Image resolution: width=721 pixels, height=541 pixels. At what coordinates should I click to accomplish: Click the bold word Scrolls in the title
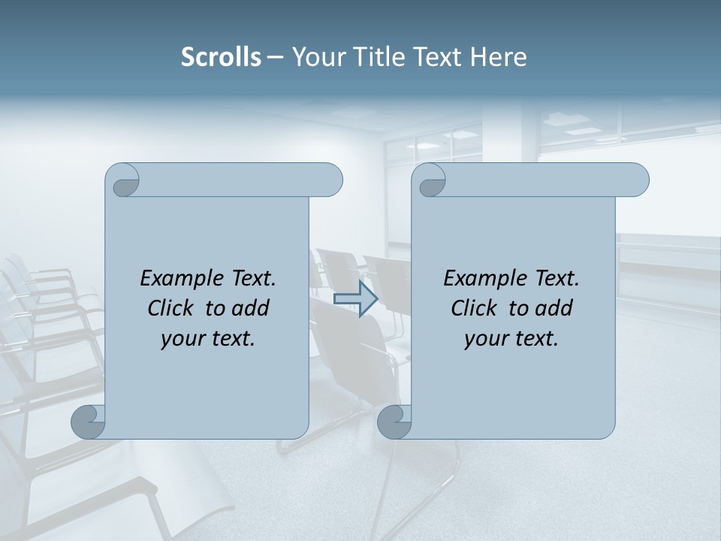pyautogui.click(x=222, y=57)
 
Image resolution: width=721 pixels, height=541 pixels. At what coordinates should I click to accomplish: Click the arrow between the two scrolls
pyautogui.click(x=356, y=298)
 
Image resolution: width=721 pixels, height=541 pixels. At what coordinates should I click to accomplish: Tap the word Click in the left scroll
pyautogui.click(x=172, y=308)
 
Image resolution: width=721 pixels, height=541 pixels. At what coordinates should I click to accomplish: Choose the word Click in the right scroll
pyautogui.click(x=475, y=308)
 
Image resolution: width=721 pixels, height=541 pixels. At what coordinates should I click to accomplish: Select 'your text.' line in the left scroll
pyautogui.click(x=208, y=339)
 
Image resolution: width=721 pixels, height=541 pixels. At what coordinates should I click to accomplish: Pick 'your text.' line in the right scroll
pyautogui.click(x=511, y=339)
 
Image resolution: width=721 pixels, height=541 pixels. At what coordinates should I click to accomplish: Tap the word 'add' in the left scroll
pyautogui.click(x=251, y=308)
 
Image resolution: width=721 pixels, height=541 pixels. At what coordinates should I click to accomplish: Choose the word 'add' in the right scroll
pyautogui.click(x=554, y=308)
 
